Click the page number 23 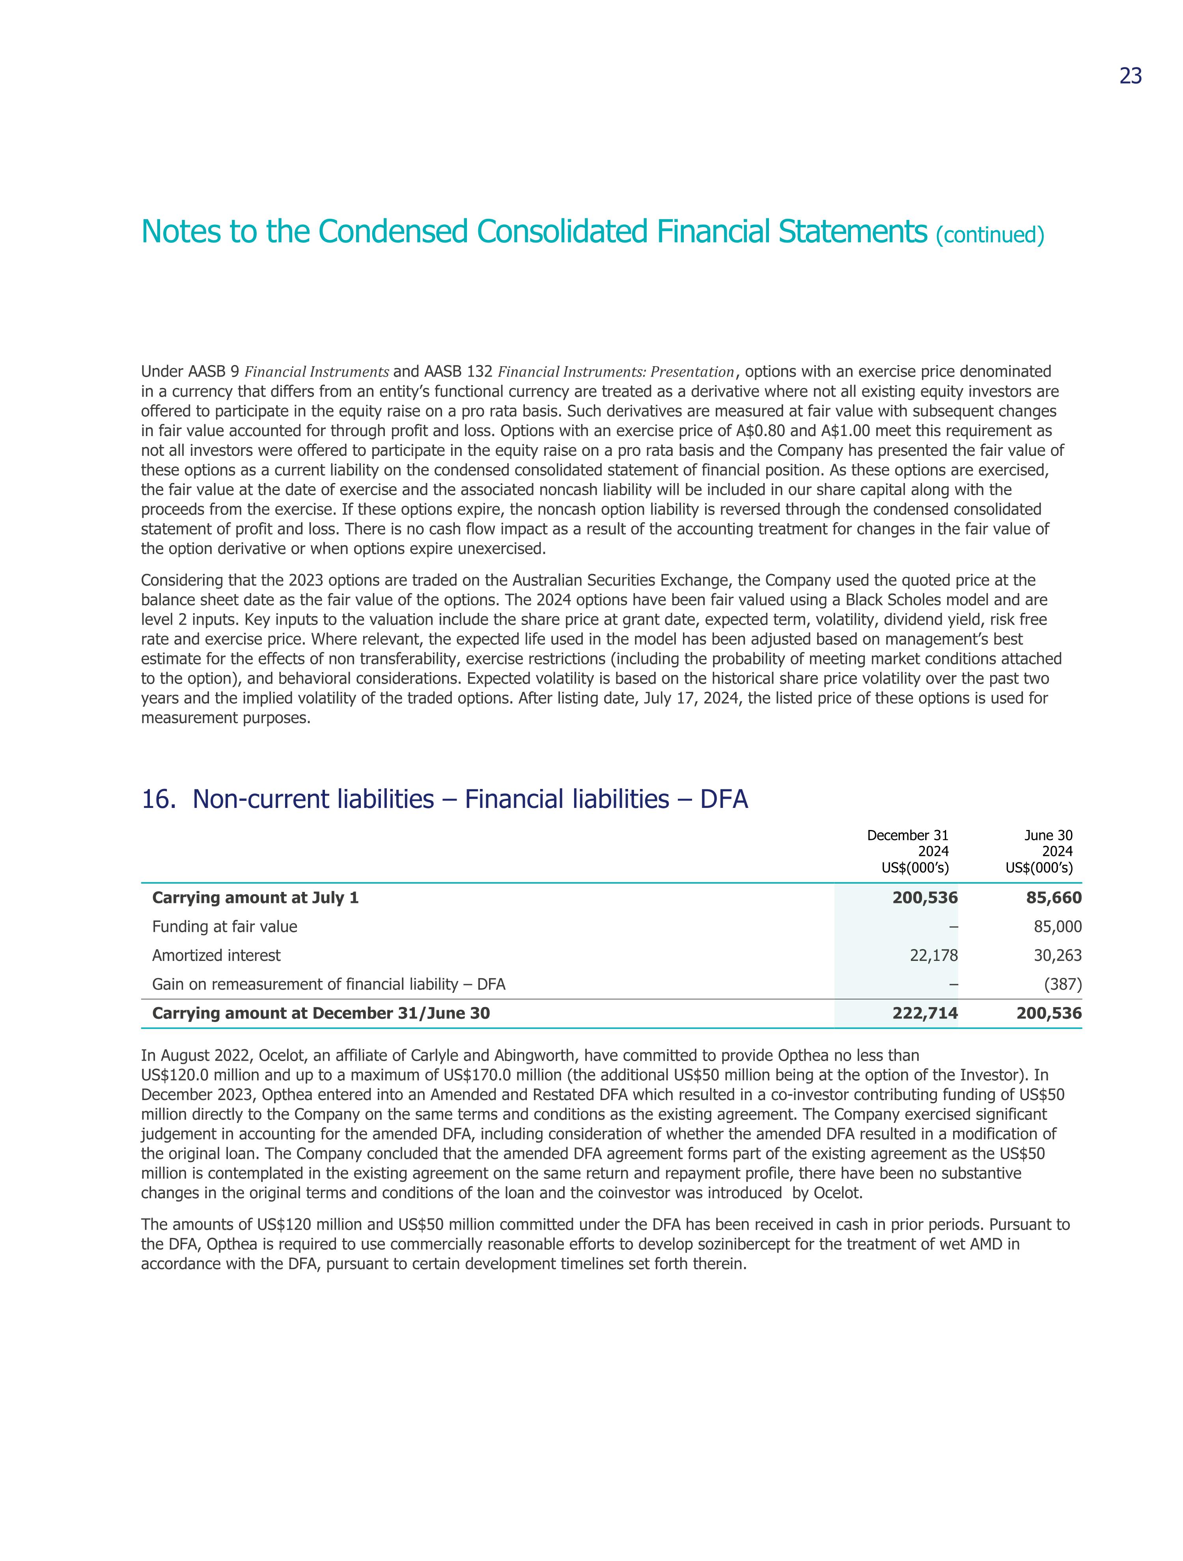tap(1130, 76)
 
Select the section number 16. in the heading tap(158, 800)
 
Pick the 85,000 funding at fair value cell tap(1057, 927)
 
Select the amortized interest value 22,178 tap(934, 955)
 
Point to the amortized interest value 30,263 tap(1057, 955)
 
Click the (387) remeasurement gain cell tap(1063, 985)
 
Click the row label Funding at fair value tap(224, 927)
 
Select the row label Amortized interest tap(216, 955)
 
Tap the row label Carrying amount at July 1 tap(256, 898)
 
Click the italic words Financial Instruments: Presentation tap(616, 372)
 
